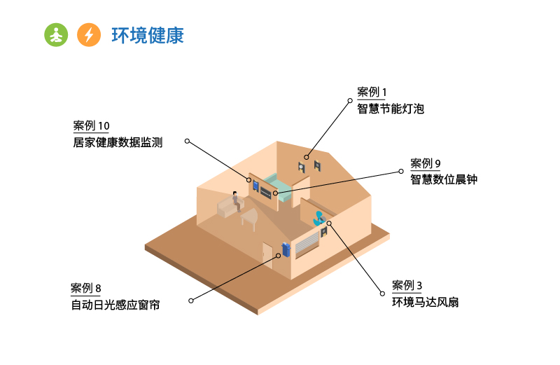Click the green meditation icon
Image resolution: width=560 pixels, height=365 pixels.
pyautogui.click(x=57, y=34)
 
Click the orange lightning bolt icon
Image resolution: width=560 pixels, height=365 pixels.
pyautogui.click(x=88, y=34)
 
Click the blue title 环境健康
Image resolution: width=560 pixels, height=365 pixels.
pyautogui.click(x=148, y=35)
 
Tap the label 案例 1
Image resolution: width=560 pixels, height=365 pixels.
pyautogui.click(x=372, y=92)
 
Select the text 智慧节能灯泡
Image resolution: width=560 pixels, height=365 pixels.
pyautogui.click(x=391, y=109)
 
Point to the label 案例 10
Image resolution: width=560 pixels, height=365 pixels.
pyautogui.click(x=91, y=126)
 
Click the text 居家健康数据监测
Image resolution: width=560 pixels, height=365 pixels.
pyautogui.click(x=118, y=143)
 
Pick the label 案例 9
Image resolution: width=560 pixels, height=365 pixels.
pyautogui.click(x=426, y=163)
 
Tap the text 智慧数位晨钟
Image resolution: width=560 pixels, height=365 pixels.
pyautogui.click(x=444, y=179)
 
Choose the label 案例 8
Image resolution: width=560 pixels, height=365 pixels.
pyautogui.click(x=86, y=289)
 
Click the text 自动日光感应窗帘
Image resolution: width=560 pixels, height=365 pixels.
pyautogui.click(x=115, y=305)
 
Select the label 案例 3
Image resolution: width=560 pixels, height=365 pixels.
pyautogui.click(x=407, y=286)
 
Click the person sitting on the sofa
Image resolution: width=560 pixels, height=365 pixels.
pyautogui.click(x=236, y=202)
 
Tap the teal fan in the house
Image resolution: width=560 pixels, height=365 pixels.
pyautogui.click(x=318, y=218)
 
